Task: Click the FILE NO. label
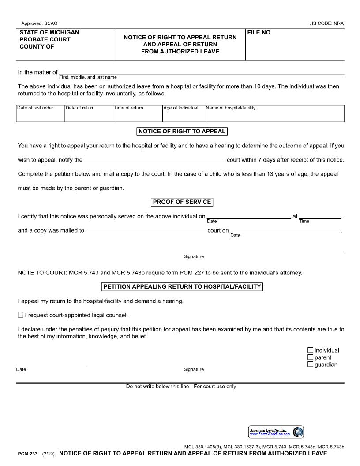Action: tap(260, 33)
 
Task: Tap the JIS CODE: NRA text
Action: tap(326, 23)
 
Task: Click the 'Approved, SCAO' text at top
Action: tap(39, 23)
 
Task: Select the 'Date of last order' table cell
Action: tap(40, 113)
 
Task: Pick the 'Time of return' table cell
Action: tap(138, 113)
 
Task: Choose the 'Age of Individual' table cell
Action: tap(183, 113)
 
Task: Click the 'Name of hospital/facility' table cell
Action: tap(274, 113)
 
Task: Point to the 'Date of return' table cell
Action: tap(89, 113)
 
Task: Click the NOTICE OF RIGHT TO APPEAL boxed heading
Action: tap(182, 131)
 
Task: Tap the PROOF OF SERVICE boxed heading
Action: tap(182, 202)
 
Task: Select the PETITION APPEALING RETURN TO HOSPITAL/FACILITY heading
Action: tap(182, 287)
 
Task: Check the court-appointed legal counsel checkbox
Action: tap(21, 315)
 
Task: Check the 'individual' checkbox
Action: tap(310, 350)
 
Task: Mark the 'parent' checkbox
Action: tap(310, 357)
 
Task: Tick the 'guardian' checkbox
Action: tap(310, 365)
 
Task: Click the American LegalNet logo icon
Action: tap(298, 432)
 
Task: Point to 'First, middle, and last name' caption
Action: tap(88, 77)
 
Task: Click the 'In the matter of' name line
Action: tap(201, 73)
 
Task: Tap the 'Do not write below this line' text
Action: tap(181, 387)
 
